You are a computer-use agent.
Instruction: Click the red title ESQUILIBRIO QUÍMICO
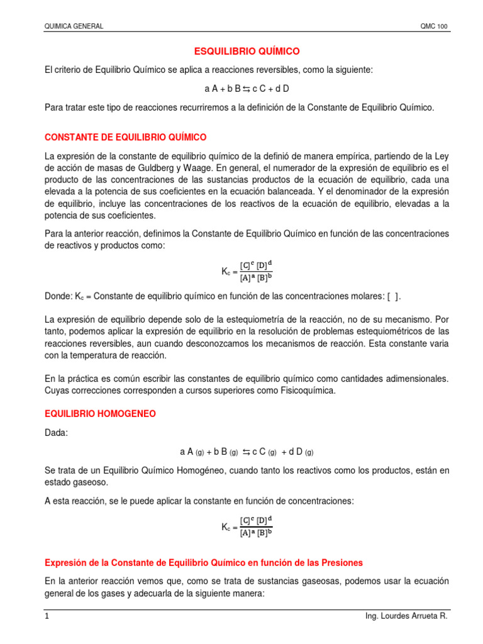(241, 51)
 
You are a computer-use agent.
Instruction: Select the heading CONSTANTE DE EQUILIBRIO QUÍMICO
(125, 137)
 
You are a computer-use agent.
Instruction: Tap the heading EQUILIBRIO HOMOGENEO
(100, 414)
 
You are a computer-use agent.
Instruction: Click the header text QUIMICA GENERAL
(74, 26)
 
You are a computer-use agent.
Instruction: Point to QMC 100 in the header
(434, 26)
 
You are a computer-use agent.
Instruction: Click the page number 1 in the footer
(47, 617)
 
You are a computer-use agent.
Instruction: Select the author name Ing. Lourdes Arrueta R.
(406, 617)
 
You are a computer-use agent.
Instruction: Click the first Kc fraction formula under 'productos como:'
(247, 271)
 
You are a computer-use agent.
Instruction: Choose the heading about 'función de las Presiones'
(204, 562)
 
